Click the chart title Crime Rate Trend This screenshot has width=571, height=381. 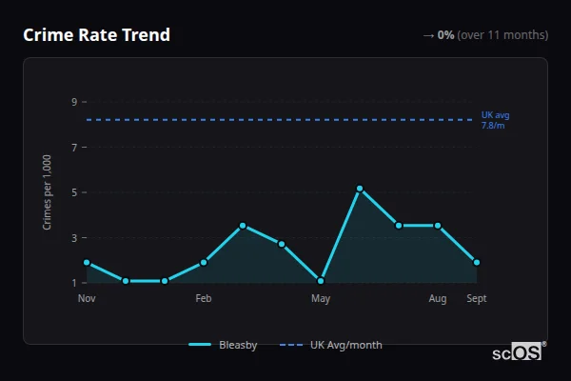tap(96, 35)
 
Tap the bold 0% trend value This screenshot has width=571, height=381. tap(445, 35)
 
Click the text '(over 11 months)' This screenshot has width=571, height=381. tap(502, 35)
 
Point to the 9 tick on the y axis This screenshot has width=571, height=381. tap(73, 102)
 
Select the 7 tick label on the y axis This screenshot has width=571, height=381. tap(73, 148)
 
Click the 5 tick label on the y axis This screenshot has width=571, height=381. tap(73, 192)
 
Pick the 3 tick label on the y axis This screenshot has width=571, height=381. tap(73, 238)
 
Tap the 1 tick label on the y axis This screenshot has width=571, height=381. tap(73, 283)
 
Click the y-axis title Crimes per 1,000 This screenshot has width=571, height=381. tap(48, 192)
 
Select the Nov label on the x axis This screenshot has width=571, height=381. tap(87, 299)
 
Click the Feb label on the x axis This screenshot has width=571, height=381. tap(204, 299)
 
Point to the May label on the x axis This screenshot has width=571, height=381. tap(321, 299)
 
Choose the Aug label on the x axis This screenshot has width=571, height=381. tap(438, 299)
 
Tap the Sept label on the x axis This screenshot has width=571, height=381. tap(476, 299)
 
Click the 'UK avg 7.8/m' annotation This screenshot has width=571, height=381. tap(495, 120)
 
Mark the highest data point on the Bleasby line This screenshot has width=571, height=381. tap(360, 189)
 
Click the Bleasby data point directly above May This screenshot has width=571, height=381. tap(321, 281)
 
